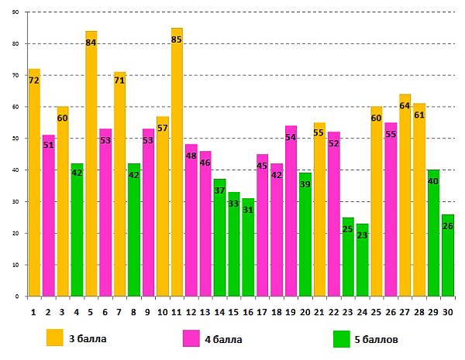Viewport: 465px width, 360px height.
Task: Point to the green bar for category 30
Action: coord(447,255)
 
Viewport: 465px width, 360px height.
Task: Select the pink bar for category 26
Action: coord(391,209)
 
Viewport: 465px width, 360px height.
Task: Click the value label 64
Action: coord(405,106)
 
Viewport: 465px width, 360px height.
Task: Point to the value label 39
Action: coord(305,185)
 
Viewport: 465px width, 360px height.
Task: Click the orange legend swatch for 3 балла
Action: coord(55,338)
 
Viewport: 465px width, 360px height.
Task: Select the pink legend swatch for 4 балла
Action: coord(191,338)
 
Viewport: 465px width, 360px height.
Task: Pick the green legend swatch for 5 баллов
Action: coord(342,338)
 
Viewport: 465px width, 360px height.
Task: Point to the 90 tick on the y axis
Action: coord(16,12)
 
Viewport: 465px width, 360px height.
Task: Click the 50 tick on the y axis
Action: coord(16,139)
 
